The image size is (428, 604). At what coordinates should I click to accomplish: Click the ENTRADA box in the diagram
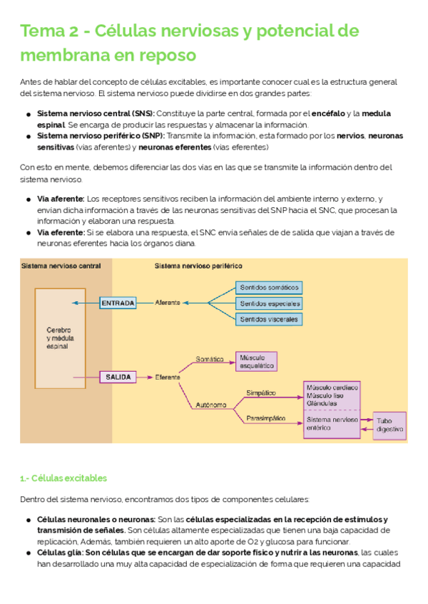click(118, 303)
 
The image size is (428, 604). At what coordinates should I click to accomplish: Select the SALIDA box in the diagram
click(118, 377)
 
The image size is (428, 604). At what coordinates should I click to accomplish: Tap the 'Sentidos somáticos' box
click(269, 288)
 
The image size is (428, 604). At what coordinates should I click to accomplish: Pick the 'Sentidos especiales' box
click(269, 303)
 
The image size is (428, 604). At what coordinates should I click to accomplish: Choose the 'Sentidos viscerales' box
click(269, 319)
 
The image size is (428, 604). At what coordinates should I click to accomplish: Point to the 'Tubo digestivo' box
click(389, 425)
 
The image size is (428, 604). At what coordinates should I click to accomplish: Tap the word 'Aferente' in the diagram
click(168, 303)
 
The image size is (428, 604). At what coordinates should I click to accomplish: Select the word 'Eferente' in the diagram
click(168, 377)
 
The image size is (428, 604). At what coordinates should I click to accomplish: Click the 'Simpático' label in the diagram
click(261, 392)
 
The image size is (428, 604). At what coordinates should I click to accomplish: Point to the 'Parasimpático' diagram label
click(265, 418)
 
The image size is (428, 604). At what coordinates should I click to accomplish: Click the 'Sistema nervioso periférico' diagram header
click(198, 266)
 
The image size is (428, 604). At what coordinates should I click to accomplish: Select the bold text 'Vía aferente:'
click(61, 199)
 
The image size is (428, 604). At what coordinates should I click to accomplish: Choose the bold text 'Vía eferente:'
click(61, 233)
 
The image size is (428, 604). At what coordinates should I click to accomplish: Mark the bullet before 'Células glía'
click(28, 553)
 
